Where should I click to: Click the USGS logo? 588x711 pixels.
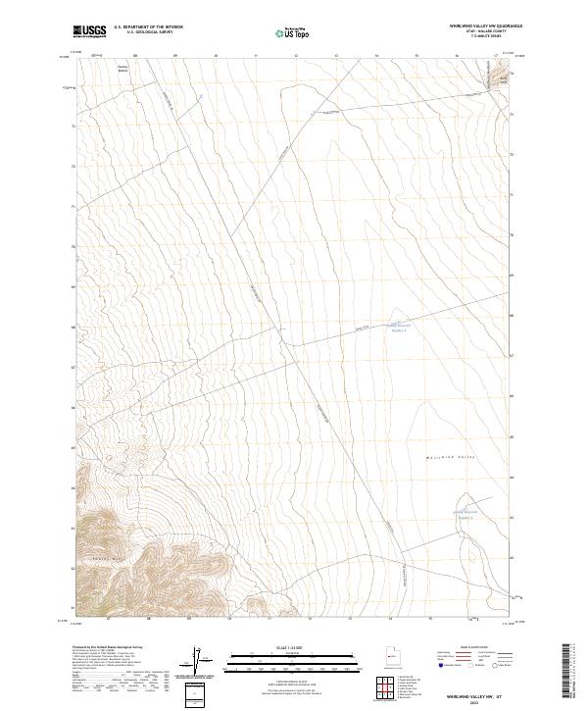coord(89,31)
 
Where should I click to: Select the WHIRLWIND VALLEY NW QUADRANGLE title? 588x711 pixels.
coord(485,26)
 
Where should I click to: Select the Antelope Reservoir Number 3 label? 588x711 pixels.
coord(398,328)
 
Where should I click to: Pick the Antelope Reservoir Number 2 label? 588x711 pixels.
coord(463,514)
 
